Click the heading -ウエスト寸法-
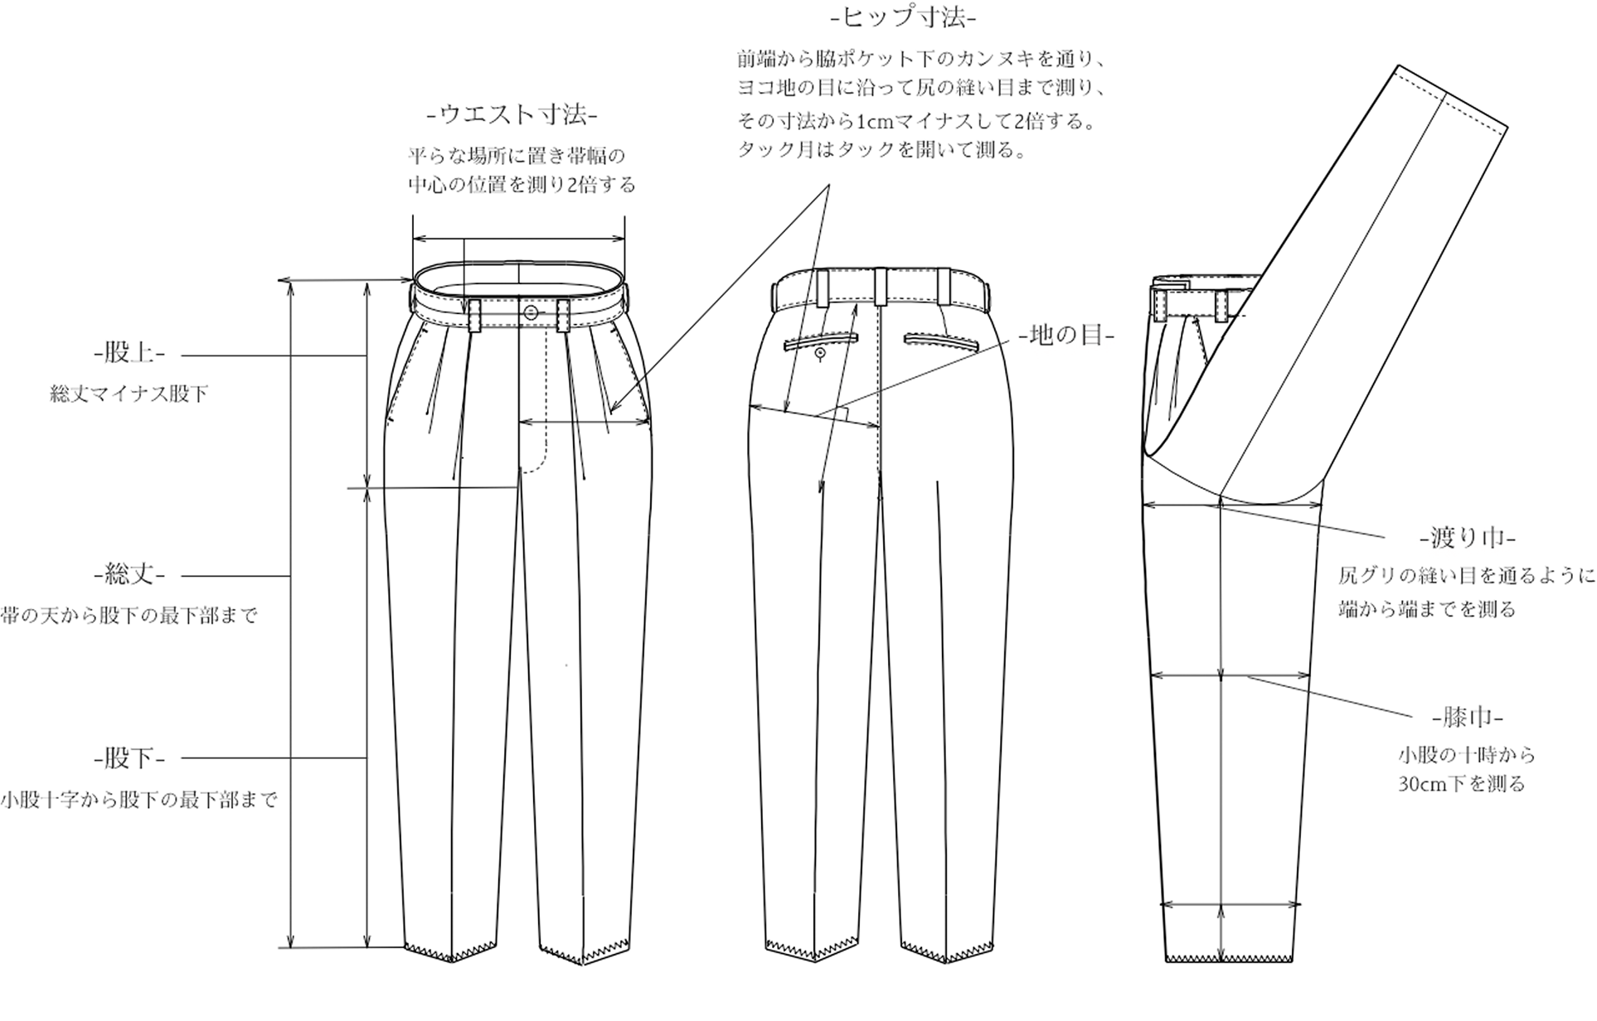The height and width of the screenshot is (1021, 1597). (x=512, y=114)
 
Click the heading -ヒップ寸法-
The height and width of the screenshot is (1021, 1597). (x=903, y=17)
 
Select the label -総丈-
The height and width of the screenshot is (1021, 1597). (x=129, y=573)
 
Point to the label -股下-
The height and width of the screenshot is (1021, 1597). (x=129, y=757)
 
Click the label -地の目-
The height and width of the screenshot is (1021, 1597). (x=1066, y=335)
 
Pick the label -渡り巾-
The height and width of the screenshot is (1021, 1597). (x=1468, y=538)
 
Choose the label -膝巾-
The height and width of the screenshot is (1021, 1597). (x=1468, y=717)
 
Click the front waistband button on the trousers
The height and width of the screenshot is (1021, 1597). (x=531, y=311)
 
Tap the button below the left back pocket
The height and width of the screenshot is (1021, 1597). (x=820, y=354)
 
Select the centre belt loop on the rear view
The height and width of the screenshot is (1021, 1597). (x=880, y=286)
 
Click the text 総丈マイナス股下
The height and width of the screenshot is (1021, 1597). (x=129, y=394)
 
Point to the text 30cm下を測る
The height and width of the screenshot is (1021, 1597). (x=1461, y=784)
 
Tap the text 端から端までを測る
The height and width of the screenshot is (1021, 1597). (x=1427, y=609)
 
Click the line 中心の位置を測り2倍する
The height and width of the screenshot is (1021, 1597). (x=522, y=185)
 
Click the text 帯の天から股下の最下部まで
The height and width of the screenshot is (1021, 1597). (x=129, y=616)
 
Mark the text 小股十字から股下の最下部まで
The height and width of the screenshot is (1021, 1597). (x=138, y=800)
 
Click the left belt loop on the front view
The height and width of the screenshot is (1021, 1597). (x=474, y=316)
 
